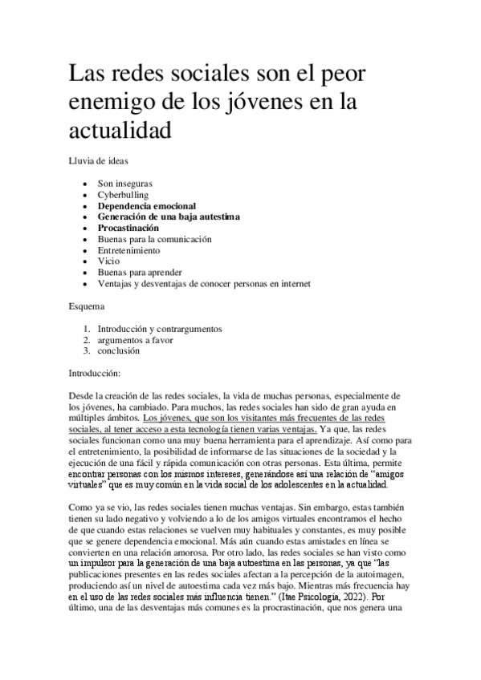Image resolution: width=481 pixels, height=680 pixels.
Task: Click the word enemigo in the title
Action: (108, 103)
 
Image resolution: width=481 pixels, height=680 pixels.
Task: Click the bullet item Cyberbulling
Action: (123, 194)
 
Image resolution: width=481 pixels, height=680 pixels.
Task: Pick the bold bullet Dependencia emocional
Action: (146, 205)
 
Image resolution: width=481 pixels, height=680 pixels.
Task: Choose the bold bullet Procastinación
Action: (134, 228)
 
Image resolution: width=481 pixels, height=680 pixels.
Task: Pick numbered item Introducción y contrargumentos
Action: (159, 328)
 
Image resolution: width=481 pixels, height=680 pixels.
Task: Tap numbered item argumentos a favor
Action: (135, 339)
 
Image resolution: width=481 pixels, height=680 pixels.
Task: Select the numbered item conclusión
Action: (119, 350)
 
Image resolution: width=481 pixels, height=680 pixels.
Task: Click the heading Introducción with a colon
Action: (95, 373)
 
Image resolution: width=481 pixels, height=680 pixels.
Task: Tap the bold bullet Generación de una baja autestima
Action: (169, 217)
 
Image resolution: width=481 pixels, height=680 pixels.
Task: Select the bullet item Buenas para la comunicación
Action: (154, 239)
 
